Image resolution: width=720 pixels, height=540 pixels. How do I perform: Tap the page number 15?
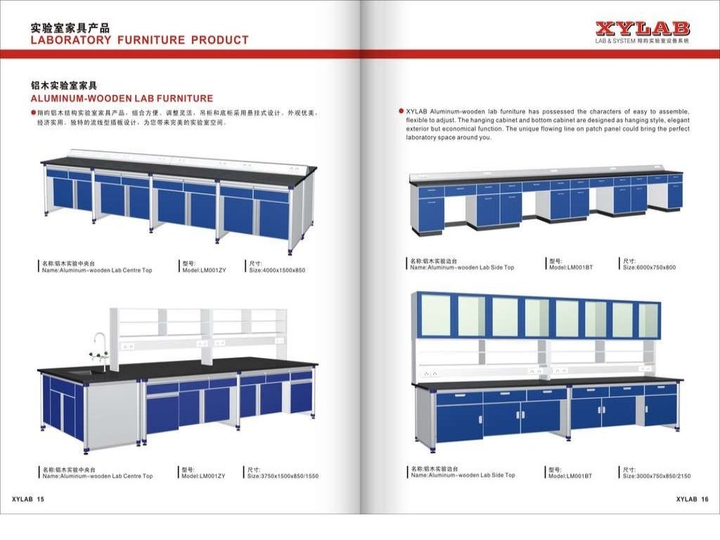40,499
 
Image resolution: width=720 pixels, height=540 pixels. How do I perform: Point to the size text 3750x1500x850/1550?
283,476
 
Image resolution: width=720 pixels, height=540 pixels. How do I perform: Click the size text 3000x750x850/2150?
656,476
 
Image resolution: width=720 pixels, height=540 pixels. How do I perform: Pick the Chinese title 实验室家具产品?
70,28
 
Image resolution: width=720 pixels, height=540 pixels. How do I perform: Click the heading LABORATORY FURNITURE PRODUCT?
139,41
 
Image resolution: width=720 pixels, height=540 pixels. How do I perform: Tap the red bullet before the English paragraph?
401,111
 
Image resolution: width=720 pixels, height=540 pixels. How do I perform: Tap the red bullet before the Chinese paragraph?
33,113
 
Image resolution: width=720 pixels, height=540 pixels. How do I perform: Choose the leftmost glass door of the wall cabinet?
435,316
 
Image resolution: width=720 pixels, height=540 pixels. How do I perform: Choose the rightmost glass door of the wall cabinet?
648,320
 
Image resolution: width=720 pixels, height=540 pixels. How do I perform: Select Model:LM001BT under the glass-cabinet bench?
570,476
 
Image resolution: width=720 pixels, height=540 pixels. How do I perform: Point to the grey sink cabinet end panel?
112,415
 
